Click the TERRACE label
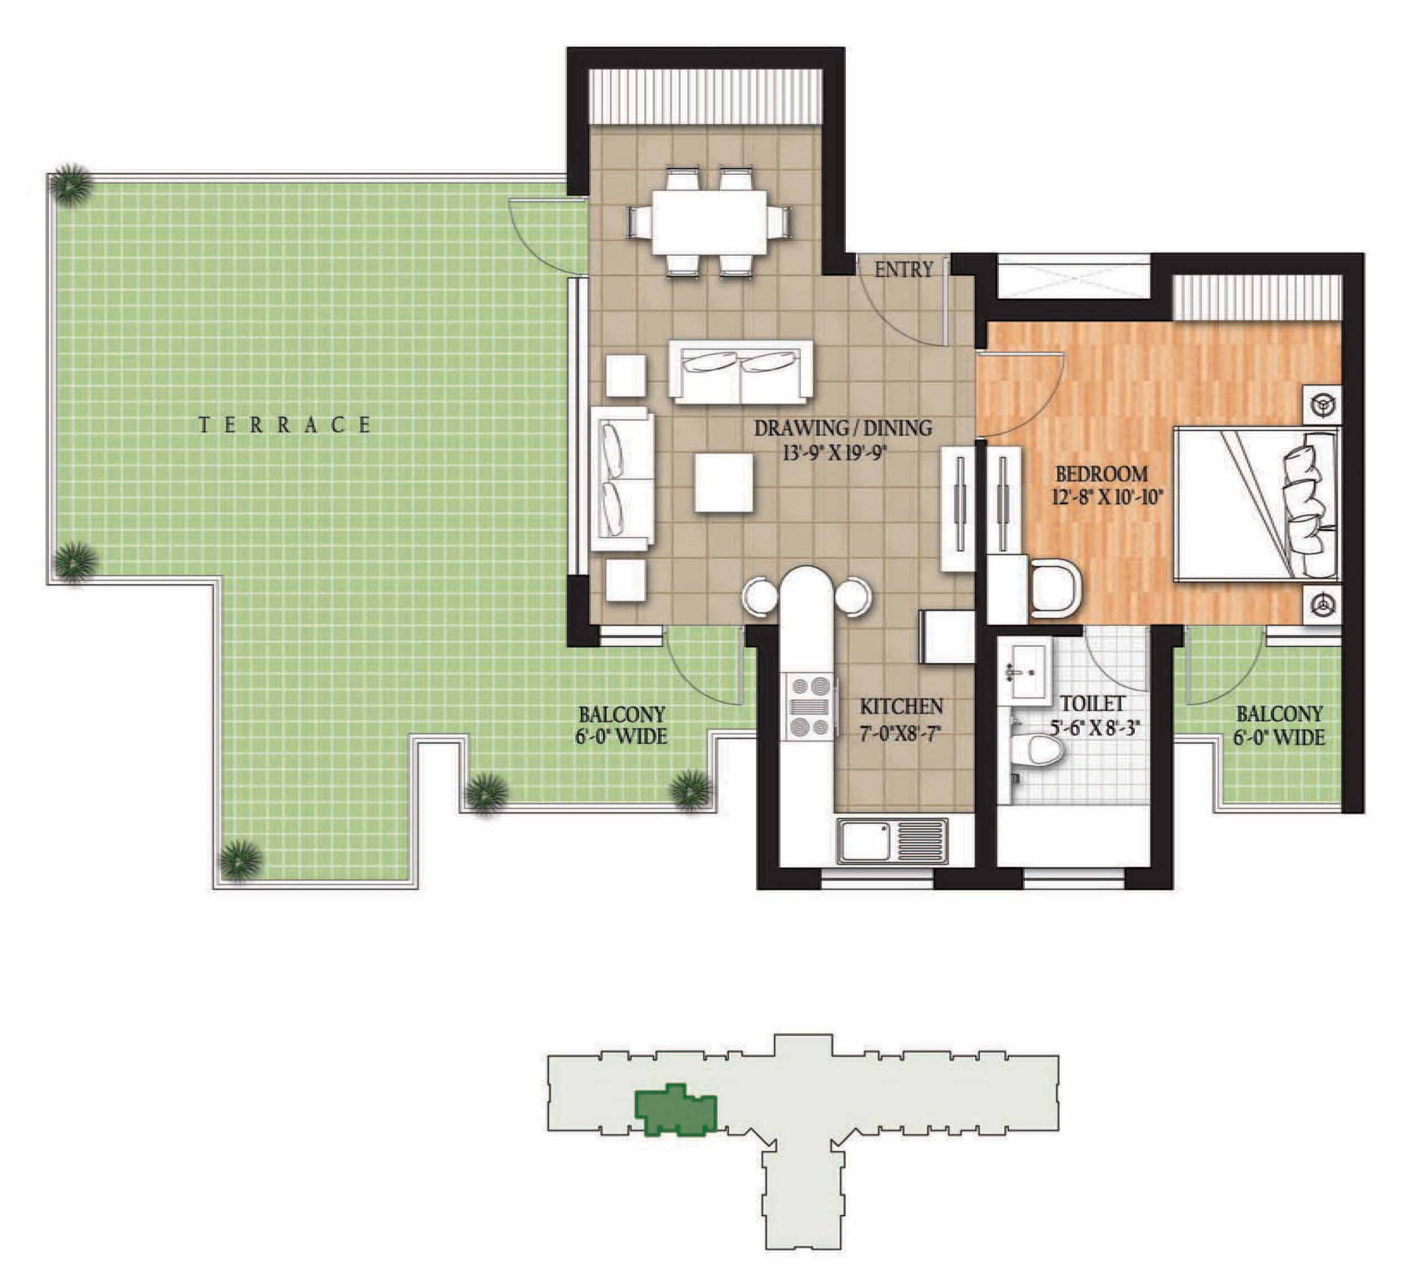285,424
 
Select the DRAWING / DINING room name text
843,427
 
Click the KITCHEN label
901,706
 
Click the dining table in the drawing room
709,222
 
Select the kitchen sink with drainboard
893,841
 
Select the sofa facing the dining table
740,372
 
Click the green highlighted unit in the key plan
674,1110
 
